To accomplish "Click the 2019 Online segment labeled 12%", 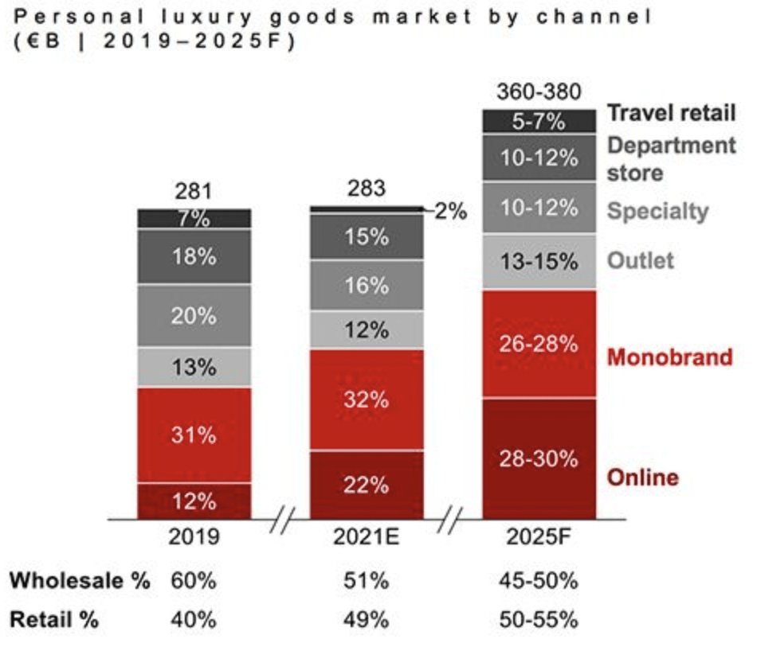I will point(194,501).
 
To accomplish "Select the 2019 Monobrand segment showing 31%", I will point(194,435).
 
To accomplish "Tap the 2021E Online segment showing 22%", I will point(367,485).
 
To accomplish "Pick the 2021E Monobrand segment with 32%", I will point(367,400).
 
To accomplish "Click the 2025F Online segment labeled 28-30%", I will point(539,459).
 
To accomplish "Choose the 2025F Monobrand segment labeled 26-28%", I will point(539,344).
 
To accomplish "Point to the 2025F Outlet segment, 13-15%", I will point(539,261).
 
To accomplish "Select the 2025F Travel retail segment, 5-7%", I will point(539,122).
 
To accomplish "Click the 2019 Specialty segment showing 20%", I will point(194,316).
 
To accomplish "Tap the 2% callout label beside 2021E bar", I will point(450,212).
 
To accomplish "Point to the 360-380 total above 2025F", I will point(539,92).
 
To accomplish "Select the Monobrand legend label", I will point(669,357).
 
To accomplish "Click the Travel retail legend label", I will point(672,113).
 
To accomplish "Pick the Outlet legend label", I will point(641,260).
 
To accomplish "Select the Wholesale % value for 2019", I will point(194,580).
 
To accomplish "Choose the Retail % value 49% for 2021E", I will point(367,619).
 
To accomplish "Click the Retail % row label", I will point(54,619).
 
